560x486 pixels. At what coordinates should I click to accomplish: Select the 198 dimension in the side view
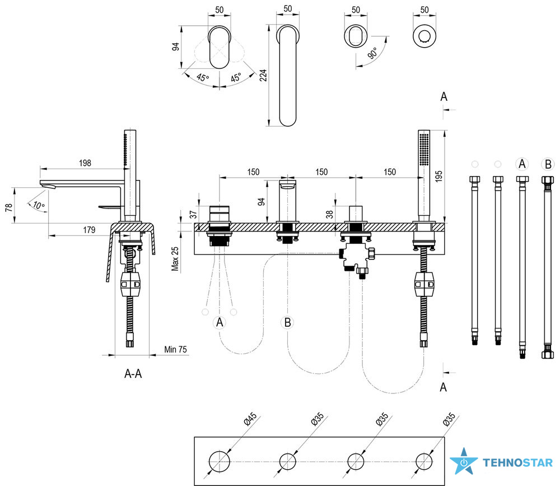[85, 163]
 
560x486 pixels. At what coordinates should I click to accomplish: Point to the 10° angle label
[39, 205]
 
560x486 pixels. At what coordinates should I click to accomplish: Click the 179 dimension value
[88, 230]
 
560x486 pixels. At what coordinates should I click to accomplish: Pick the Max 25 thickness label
[176, 258]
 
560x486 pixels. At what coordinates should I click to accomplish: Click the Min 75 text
[175, 350]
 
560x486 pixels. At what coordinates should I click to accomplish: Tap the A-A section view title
[133, 374]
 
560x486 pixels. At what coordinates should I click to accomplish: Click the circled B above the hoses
[547, 164]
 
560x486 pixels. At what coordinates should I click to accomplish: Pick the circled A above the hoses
[522, 164]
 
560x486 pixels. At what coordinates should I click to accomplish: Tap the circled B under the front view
[287, 322]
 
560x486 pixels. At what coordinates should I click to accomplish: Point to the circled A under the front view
[220, 322]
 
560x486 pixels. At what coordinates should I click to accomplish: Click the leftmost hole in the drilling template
[220, 461]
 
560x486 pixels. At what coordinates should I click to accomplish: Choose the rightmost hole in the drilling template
[425, 461]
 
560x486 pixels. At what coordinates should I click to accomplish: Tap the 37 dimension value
[193, 214]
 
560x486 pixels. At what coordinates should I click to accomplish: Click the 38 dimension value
[328, 214]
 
